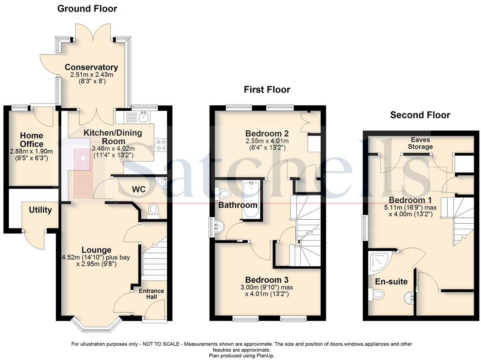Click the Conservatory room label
91,67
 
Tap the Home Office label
32,140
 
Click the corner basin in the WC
162,183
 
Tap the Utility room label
40,210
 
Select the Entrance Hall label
152,294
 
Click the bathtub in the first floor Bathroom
250,200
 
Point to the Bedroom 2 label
267,133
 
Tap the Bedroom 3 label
267,279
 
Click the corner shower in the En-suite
378,262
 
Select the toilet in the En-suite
377,296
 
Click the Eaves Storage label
420,144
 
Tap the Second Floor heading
420,115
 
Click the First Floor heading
267,89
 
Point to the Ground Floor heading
87,8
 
